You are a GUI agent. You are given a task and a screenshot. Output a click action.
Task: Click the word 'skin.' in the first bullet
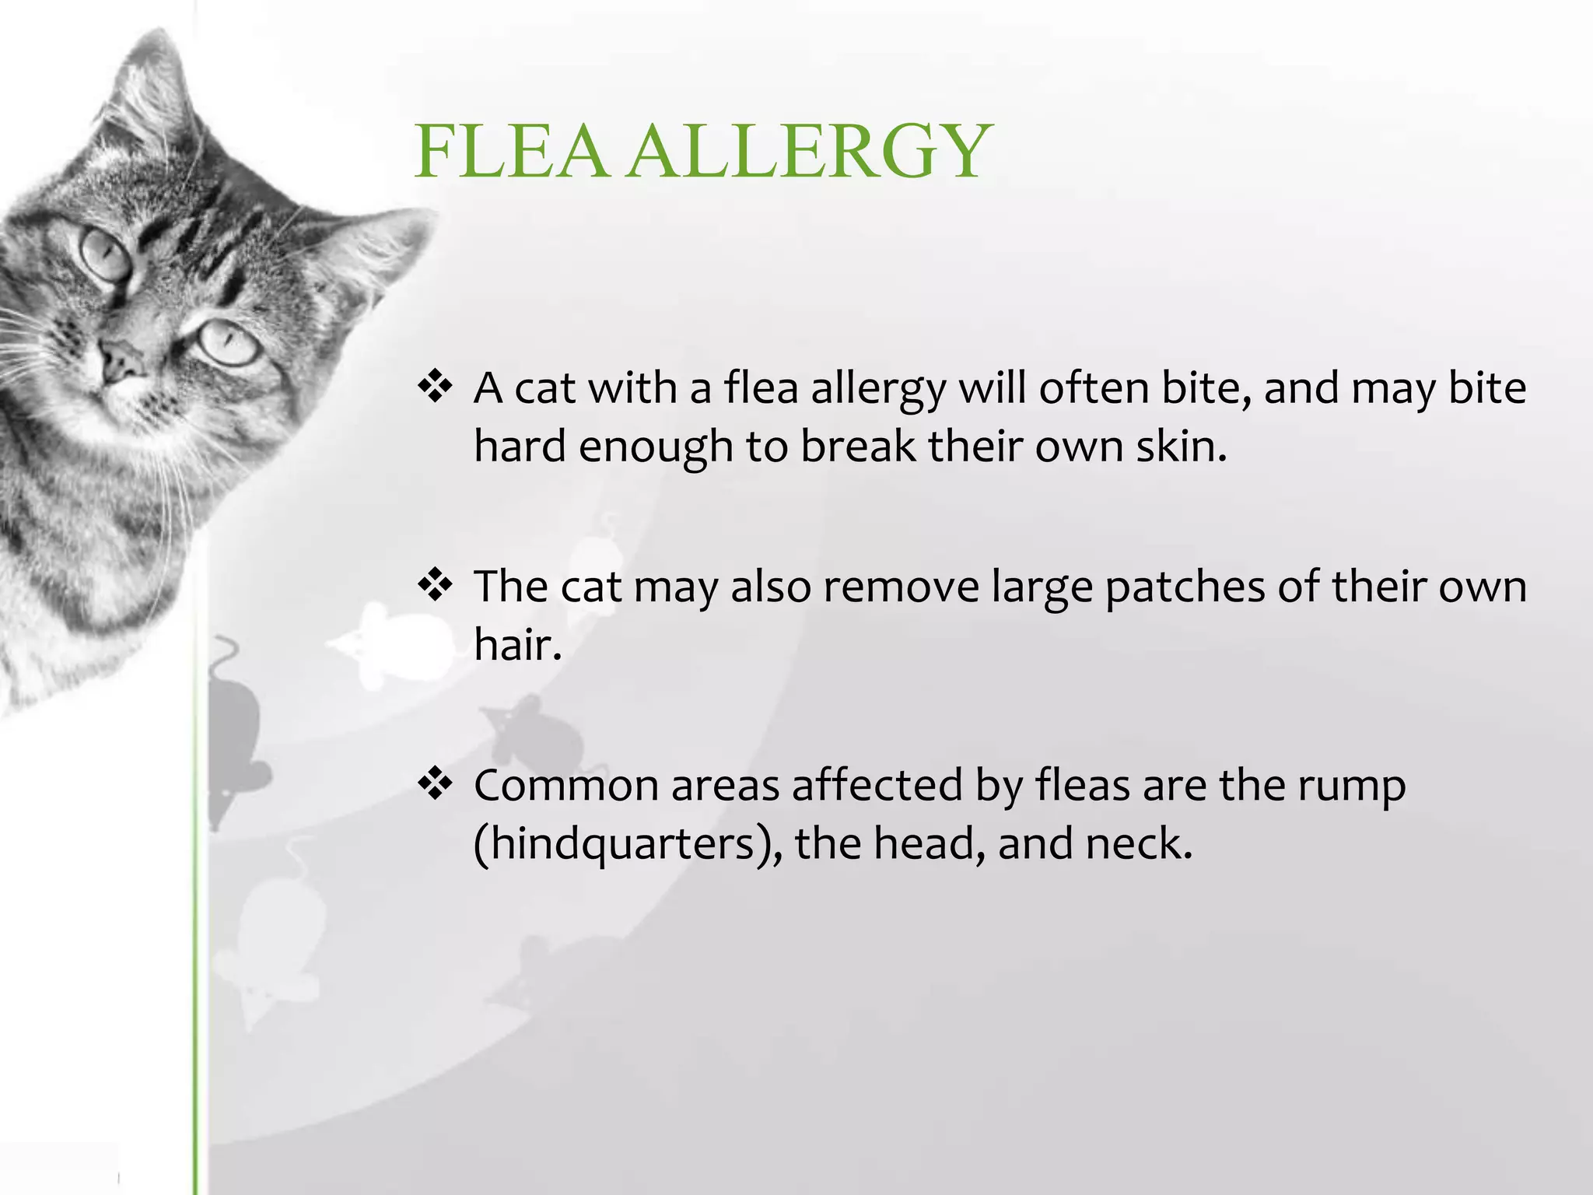[1181, 447]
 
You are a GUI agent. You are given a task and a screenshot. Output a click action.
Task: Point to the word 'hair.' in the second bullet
[518, 644]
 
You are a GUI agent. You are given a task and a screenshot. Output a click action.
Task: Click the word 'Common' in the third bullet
[566, 784]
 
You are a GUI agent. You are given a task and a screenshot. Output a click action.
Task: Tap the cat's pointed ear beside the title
[373, 249]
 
